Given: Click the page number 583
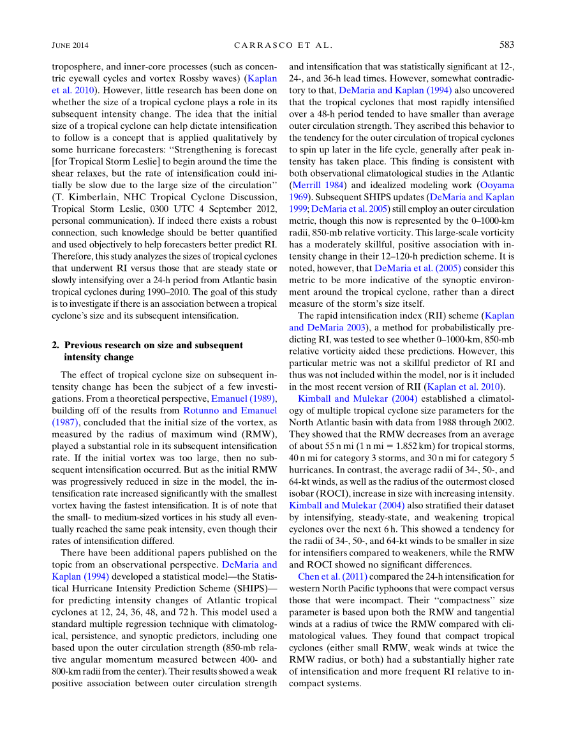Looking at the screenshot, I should [506, 45].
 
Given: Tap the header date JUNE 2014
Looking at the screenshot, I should [70, 45].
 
